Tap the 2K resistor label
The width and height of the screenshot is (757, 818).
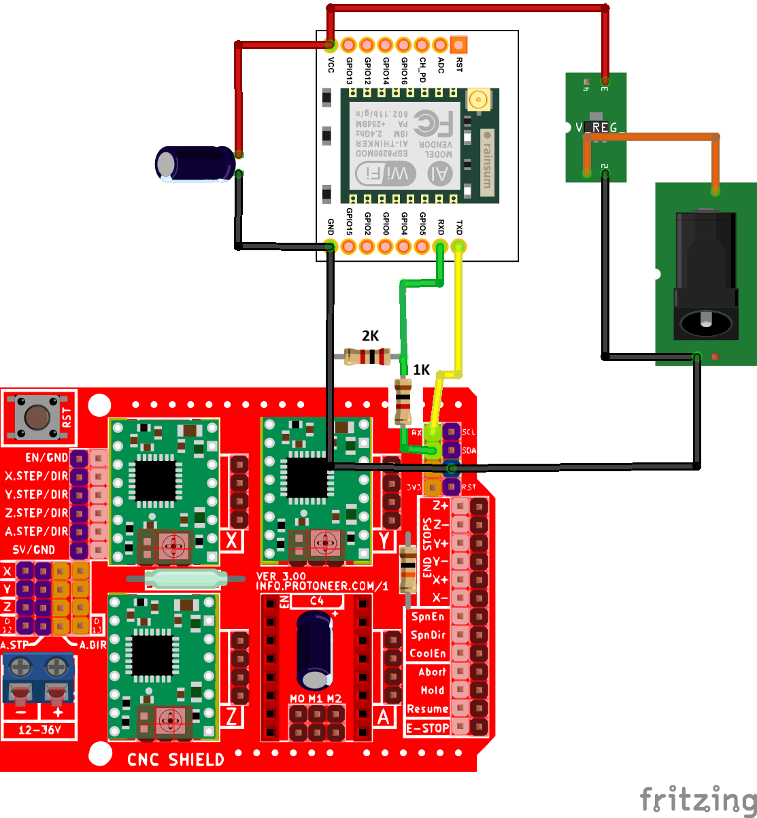370,336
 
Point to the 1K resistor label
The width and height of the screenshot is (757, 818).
422,370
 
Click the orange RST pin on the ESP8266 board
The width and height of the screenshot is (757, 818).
459,46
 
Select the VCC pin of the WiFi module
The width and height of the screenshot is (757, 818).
331,46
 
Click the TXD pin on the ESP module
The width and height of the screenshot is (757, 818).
459,246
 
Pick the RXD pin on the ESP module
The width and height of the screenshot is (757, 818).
441,246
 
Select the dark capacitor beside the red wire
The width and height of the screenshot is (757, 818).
194,164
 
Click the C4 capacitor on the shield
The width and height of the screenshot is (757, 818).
314,649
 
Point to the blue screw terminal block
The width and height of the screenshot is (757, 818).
38,678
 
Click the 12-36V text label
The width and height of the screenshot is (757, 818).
39,730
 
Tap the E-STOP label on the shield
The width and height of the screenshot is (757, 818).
427,728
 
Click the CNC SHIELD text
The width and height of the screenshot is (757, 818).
175,760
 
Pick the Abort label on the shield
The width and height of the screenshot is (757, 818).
432,672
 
